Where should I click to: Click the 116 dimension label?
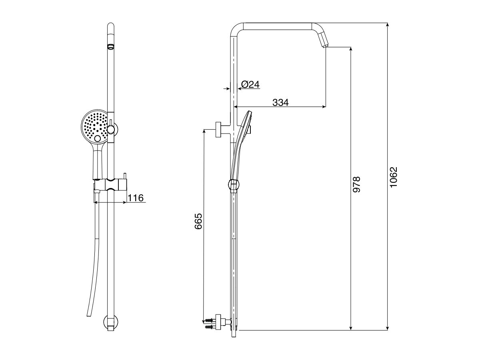click(x=136, y=198)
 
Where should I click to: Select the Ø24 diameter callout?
click(x=250, y=84)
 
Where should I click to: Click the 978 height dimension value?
click(x=357, y=184)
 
